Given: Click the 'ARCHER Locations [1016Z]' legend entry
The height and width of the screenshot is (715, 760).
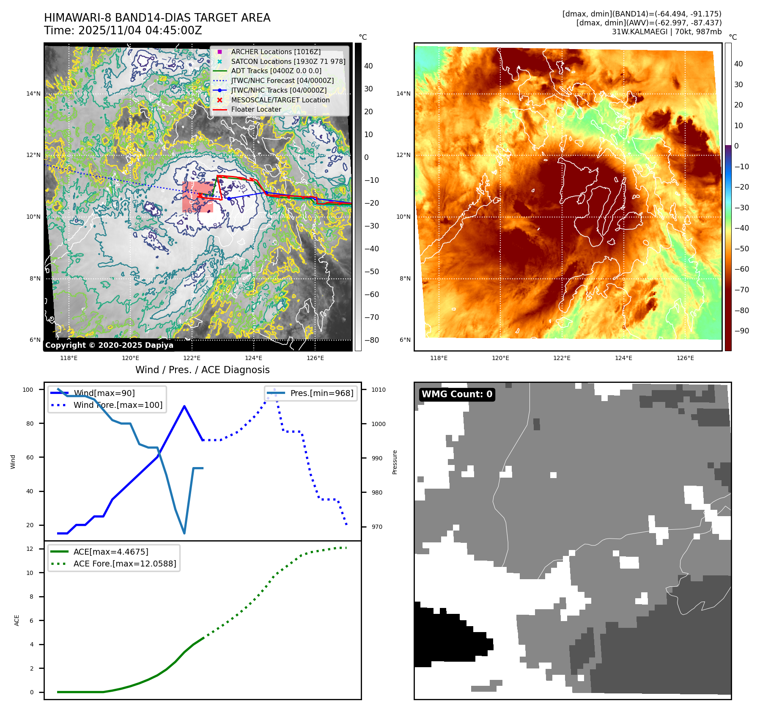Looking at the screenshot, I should pyautogui.click(x=276, y=52).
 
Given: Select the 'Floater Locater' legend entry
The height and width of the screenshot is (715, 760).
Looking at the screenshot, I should pyautogui.click(x=256, y=109).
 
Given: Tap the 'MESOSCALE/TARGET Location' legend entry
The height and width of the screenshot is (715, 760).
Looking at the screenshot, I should pyautogui.click(x=280, y=100).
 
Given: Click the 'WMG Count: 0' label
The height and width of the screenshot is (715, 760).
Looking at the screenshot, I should pyautogui.click(x=457, y=394).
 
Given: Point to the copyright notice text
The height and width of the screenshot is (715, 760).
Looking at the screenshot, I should pyautogui.click(x=109, y=345).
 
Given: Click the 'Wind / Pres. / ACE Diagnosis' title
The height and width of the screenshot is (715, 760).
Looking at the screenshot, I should pyautogui.click(x=202, y=370).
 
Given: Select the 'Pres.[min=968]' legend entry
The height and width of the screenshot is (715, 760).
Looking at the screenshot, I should pyautogui.click(x=321, y=393).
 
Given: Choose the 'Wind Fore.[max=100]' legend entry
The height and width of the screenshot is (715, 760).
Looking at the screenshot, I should pyautogui.click(x=118, y=405).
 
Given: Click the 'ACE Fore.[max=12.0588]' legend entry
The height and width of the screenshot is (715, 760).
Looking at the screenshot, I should pyautogui.click(x=124, y=564).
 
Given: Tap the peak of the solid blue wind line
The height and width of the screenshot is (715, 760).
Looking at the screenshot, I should pyautogui.click(x=184, y=406).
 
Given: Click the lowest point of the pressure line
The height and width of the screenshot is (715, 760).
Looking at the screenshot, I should pyautogui.click(x=184, y=533).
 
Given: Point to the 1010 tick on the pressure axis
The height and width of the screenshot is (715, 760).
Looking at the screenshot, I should pyautogui.click(x=379, y=390).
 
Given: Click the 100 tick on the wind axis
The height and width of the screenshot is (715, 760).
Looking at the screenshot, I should pyautogui.click(x=28, y=390).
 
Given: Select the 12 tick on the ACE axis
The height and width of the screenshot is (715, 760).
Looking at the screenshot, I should pyautogui.click(x=30, y=549).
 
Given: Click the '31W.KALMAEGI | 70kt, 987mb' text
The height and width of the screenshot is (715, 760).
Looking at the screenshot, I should pyautogui.click(x=667, y=32).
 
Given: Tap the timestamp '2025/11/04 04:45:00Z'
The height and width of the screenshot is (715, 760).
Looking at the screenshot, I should pyautogui.click(x=140, y=30).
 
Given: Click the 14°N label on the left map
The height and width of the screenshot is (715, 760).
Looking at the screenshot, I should pyautogui.click(x=33, y=93).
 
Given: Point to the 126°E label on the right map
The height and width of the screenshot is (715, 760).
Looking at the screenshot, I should pyautogui.click(x=685, y=358).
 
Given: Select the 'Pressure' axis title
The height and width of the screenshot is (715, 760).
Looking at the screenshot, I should pyautogui.click(x=395, y=462).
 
